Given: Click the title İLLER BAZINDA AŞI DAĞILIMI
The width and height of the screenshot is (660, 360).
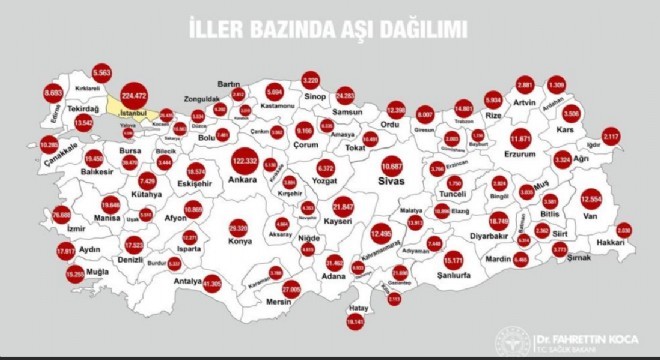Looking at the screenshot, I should coord(327,30).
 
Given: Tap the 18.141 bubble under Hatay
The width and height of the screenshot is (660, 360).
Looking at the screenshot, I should coord(355,322).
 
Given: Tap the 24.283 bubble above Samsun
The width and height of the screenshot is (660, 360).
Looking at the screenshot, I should coord(346,96).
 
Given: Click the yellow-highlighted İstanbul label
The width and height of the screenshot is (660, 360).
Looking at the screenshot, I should coord(134,114).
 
